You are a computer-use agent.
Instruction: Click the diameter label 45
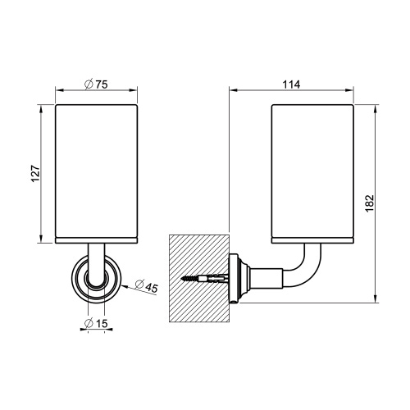[150, 286]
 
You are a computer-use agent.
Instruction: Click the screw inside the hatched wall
[204, 280]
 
